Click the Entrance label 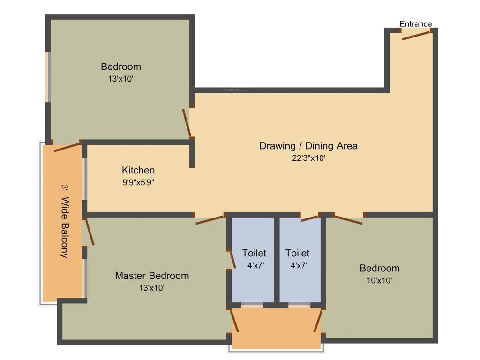point(415,24)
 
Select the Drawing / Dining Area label point(308,146)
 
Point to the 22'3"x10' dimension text point(308,158)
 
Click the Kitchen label point(138,170)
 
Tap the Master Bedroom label point(152,276)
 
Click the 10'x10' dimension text point(379,281)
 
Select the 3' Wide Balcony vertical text point(64,220)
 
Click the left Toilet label point(254,253)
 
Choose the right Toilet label point(297,253)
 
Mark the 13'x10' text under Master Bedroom point(152,288)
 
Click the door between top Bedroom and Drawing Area point(187,122)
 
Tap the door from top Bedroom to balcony point(67,147)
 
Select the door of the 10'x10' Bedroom point(348,219)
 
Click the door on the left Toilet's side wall point(232,259)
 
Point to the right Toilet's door point(310,218)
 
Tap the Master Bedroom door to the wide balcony point(90,232)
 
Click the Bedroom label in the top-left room point(120,67)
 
